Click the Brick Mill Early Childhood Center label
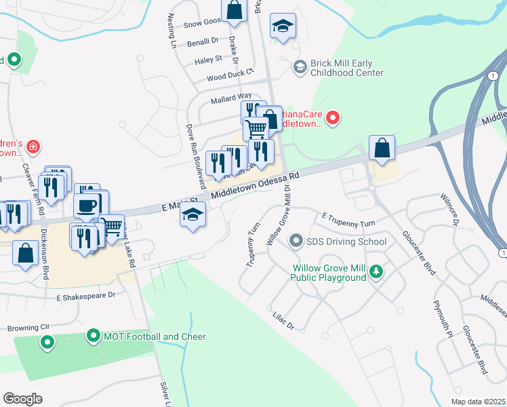(x=347, y=68)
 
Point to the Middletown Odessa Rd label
(x=255, y=185)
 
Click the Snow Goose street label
(x=203, y=22)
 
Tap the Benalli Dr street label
(x=203, y=41)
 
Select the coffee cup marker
(x=86, y=206)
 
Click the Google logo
(x=22, y=399)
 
